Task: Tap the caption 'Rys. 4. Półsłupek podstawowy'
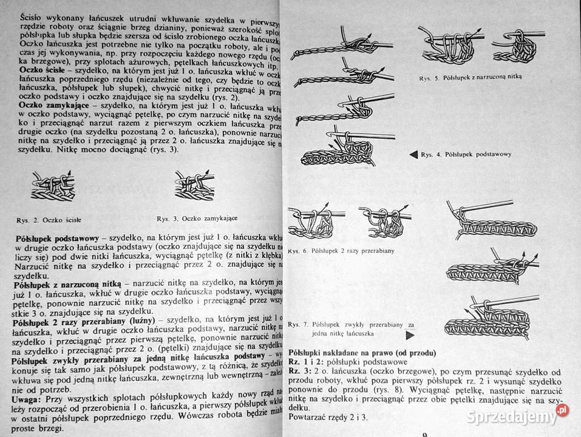click(x=466, y=154)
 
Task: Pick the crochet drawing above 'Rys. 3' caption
click(x=192, y=185)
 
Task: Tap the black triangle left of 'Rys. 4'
click(x=412, y=154)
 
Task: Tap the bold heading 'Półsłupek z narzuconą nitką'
click(x=66, y=283)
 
